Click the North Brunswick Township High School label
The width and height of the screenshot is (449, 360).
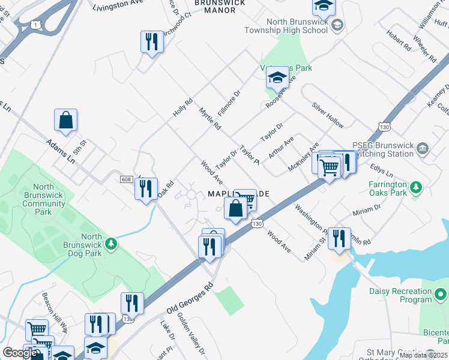pyautogui.click(x=289, y=26)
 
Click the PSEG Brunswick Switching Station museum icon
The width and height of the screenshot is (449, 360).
pyautogui.click(x=423, y=148)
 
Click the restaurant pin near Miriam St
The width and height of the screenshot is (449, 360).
pyautogui.click(x=339, y=238)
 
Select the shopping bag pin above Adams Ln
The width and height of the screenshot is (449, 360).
pyautogui.click(x=65, y=120)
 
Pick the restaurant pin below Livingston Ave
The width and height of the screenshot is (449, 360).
pyautogui.click(x=151, y=41)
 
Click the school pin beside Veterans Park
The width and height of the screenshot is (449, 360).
pyautogui.click(x=277, y=77)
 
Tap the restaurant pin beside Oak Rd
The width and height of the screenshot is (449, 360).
pyautogui.click(x=146, y=188)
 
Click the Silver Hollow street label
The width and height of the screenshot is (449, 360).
pyautogui.click(x=328, y=114)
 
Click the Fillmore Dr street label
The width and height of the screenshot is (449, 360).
pyautogui.click(x=229, y=103)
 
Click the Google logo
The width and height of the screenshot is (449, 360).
pyautogui.click(x=20, y=353)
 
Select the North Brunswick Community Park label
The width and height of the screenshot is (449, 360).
pyautogui.click(x=43, y=199)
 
